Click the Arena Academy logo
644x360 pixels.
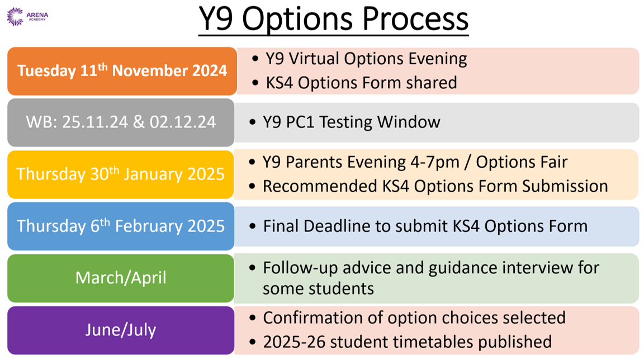[27, 16]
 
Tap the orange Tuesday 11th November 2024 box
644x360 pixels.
[122, 71]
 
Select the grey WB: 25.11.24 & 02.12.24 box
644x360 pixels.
[121, 122]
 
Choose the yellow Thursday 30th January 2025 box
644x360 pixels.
[121, 174]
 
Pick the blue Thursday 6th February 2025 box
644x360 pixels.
[121, 226]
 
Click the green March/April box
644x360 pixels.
[121, 278]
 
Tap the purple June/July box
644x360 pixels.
[121, 330]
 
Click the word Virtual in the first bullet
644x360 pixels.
[314, 59]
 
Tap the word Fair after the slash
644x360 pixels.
[553, 162]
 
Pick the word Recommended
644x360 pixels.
[320, 186]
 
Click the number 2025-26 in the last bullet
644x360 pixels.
[294, 342]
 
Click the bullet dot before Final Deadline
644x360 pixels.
[253, 226]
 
